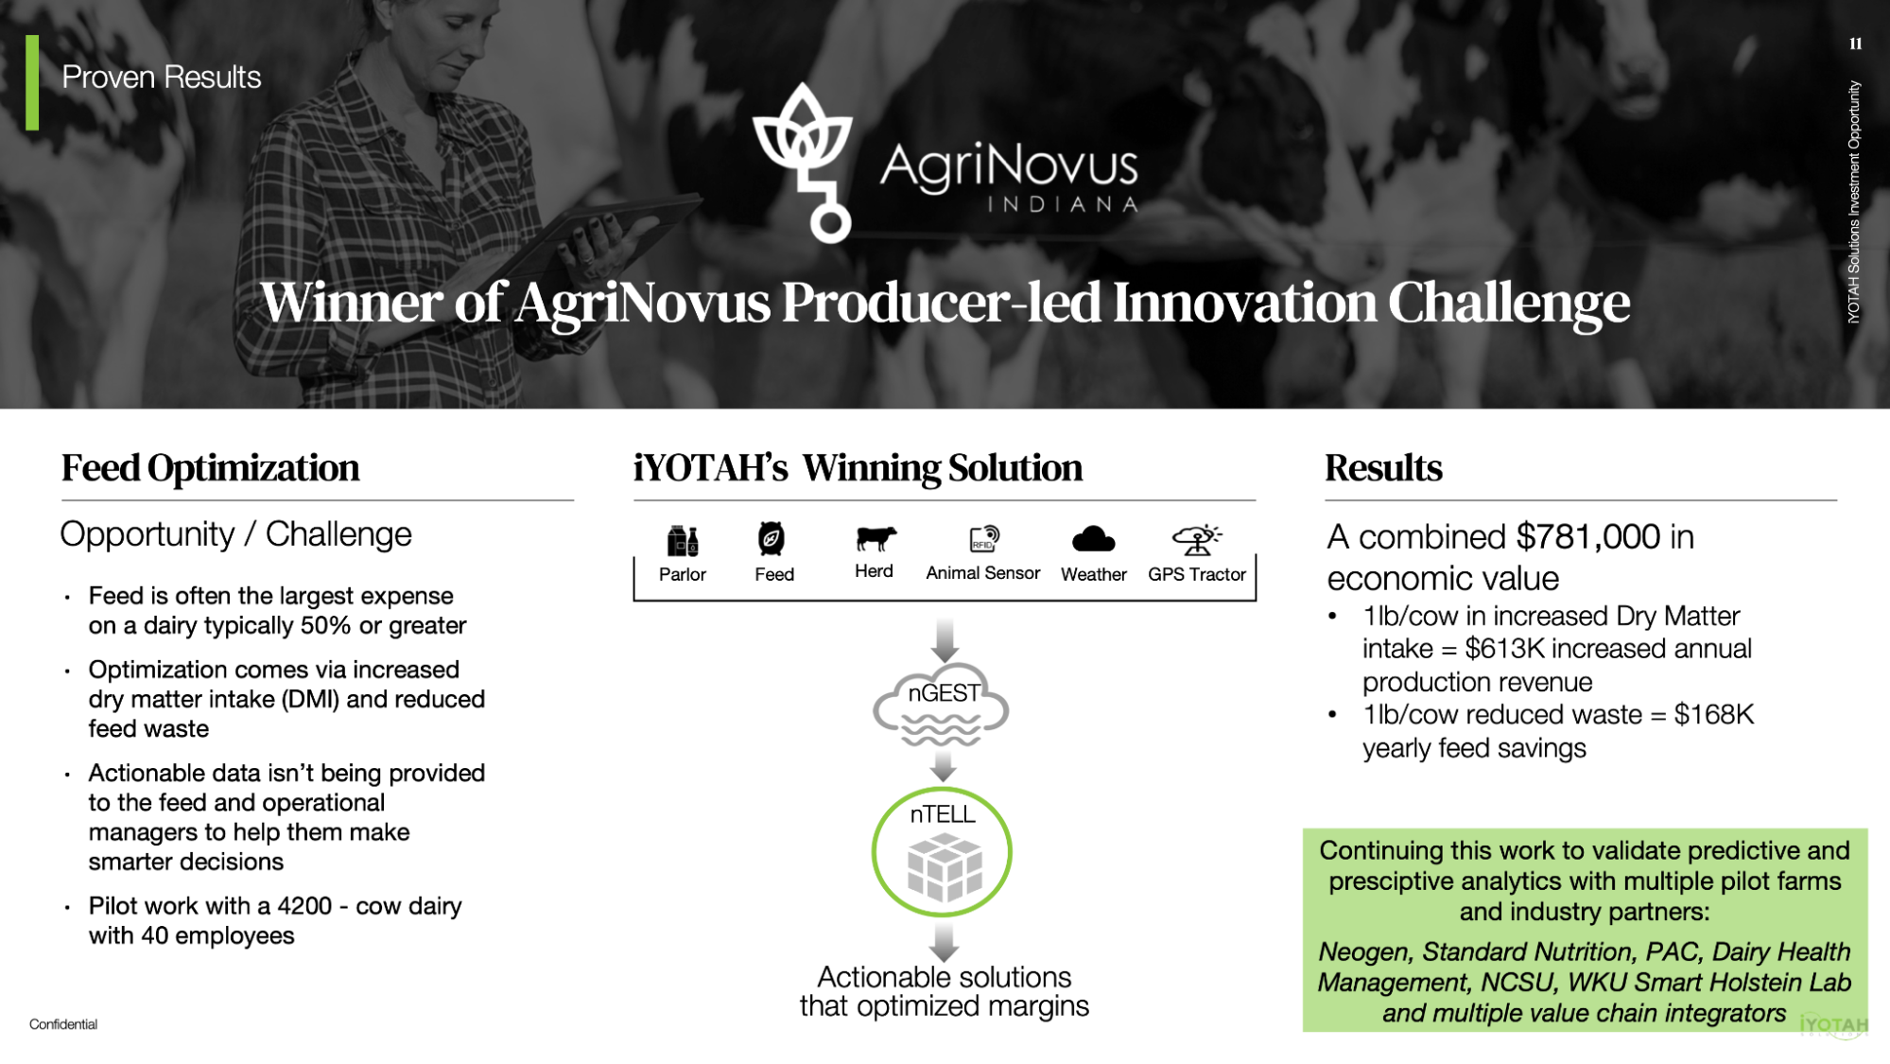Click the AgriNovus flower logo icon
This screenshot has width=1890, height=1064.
(x=803, y=161)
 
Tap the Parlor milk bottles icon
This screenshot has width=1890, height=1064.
(x=682, y=541)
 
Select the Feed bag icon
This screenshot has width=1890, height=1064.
(x=772, y=539)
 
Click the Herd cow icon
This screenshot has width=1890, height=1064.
(x=876, y=538)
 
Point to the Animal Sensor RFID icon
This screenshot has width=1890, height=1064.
(x=984, y=538)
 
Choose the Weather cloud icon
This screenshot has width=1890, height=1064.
(x=1094, y=539)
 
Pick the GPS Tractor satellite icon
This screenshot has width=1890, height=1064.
(x=1197, y=540)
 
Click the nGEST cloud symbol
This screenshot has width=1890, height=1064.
(x=942, y=706)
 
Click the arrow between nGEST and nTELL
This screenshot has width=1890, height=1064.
(x=943, y=766)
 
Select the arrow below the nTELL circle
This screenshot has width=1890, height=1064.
(x=944, y=942)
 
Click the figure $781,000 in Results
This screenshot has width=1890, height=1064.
(x=1587, y=537)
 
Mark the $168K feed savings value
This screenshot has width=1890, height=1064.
(x=1713, y=714)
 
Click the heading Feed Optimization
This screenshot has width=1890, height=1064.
(x=210, y=468)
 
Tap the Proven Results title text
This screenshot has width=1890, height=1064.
(x=161, y=78)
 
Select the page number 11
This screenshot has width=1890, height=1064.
(x=1855, y=44)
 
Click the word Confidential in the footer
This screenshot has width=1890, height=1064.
(x=63, y=1024)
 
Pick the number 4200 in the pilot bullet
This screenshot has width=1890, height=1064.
(x=304, y=906)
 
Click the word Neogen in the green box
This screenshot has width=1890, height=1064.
(x=1363, y=951)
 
